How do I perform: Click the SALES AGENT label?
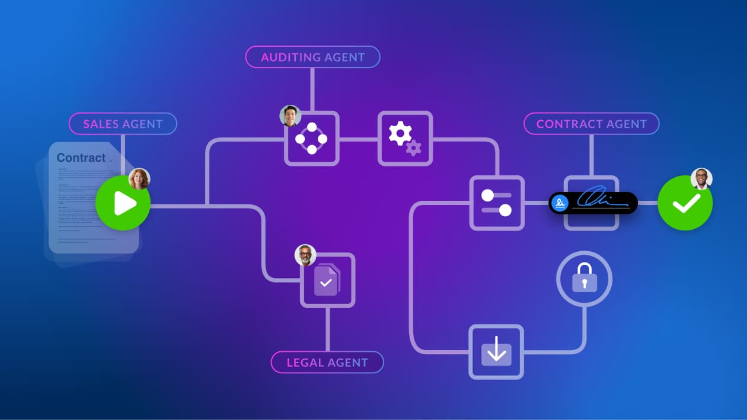click(x=123, y=124)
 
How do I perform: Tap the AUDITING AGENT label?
click(x=312, y=57)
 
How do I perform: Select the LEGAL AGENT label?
click(x=327, y=362)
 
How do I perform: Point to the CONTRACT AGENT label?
click(x=591, y=124)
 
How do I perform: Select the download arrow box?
click(x=496, y=352)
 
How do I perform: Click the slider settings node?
click(x=497, y=203)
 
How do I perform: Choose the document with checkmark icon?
click(x=327, y=280)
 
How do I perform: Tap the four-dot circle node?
click(x=312, y=139)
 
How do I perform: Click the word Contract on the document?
click(x=81, y=158)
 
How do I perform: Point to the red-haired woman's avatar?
click(x=139, y=178)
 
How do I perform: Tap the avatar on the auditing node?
click(x=290, y=116)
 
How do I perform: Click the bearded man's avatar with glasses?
click(x=305, y=255)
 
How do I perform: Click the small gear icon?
click(x=413, y=148)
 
